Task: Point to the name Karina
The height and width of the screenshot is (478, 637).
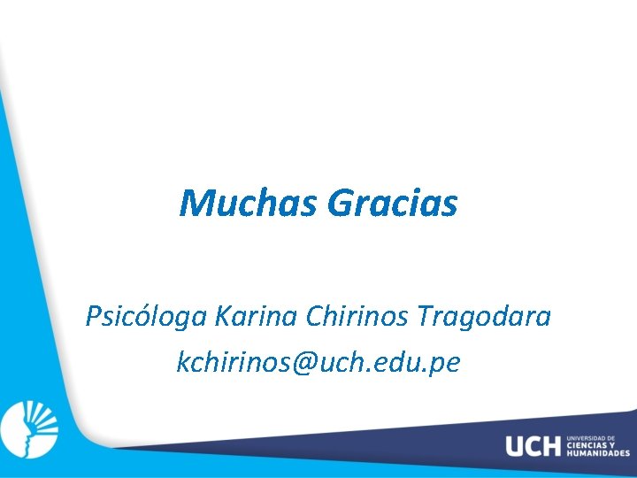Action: tap(257, 315)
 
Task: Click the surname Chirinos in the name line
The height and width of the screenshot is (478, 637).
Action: tap(357, 315)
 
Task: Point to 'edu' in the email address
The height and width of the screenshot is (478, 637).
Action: tap(404, 362)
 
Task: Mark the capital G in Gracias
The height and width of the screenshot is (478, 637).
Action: tap(341, 204)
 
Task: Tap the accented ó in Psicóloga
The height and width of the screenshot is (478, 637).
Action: tap(135, 315)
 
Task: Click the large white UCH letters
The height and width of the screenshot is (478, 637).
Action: tap(533, 446)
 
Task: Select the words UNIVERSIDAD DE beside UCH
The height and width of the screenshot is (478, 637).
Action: tap(588, 437)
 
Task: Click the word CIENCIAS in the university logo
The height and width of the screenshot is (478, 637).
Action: tap(585, 445)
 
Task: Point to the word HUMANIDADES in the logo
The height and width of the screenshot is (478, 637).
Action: tap(598, 453)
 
